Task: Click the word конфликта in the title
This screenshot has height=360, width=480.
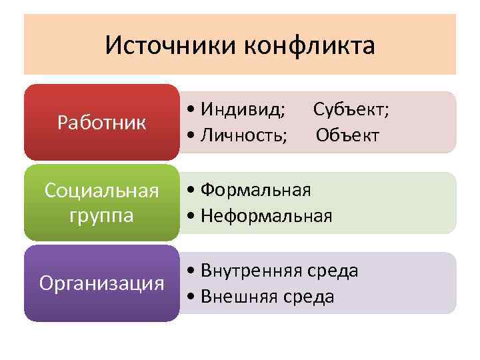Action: [310, 46]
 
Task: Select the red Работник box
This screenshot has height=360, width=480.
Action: [101, 123]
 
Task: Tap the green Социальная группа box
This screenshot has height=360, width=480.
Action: [101, 203]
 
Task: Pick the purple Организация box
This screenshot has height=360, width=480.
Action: [101, 283]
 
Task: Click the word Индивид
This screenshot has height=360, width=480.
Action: [245, 109]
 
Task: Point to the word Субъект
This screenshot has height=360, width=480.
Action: [351, 109]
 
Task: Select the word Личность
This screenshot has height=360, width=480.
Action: [247, 135]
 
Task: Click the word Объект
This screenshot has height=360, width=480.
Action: [347, 135]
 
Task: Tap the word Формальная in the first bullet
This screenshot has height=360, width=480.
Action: [256, 190]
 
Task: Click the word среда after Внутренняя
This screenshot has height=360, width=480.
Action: [333, 271]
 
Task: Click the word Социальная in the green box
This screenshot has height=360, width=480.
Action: [101, 191]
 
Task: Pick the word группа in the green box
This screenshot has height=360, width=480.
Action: [101, 216]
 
